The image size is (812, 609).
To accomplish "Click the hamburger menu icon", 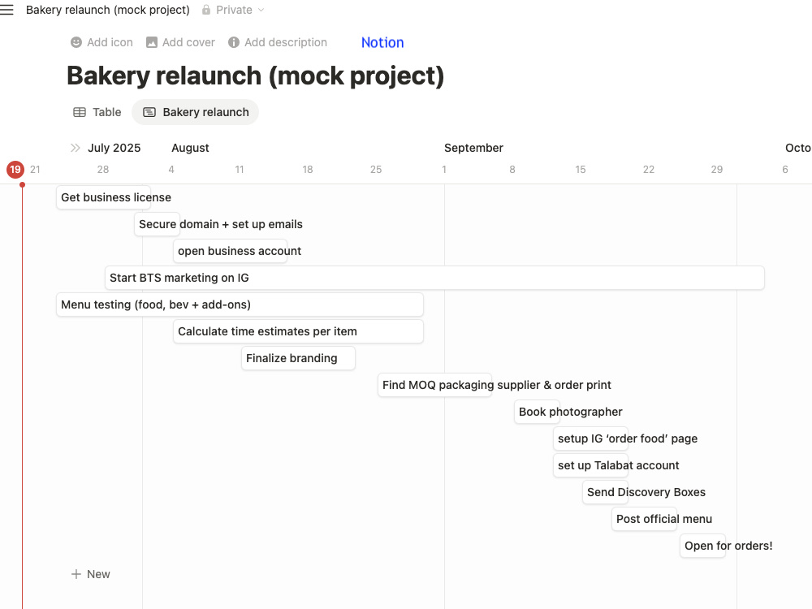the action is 6,10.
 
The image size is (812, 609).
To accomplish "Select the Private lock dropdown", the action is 233,10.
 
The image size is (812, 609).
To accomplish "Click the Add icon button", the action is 101,42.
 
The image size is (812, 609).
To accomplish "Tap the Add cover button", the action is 180,42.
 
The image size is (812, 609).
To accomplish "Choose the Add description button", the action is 278,42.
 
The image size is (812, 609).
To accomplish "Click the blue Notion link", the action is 382,42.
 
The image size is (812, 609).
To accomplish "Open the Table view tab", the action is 97,112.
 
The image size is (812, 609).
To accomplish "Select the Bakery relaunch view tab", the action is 195,112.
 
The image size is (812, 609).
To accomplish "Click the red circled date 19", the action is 15,170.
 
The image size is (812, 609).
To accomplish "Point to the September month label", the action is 473,148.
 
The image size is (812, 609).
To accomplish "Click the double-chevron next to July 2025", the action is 75,148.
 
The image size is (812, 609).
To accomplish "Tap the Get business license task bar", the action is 104,197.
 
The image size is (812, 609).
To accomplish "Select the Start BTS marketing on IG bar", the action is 434,278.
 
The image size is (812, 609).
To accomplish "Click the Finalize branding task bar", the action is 298,358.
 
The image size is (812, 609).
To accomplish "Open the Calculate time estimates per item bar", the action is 298,331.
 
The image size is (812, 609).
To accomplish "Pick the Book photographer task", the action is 537,412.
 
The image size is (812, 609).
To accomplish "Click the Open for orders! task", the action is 702,546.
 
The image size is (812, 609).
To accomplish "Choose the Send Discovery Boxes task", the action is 606,492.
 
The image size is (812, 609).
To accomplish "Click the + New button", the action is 91,574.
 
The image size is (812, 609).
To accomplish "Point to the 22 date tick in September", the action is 648,170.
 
